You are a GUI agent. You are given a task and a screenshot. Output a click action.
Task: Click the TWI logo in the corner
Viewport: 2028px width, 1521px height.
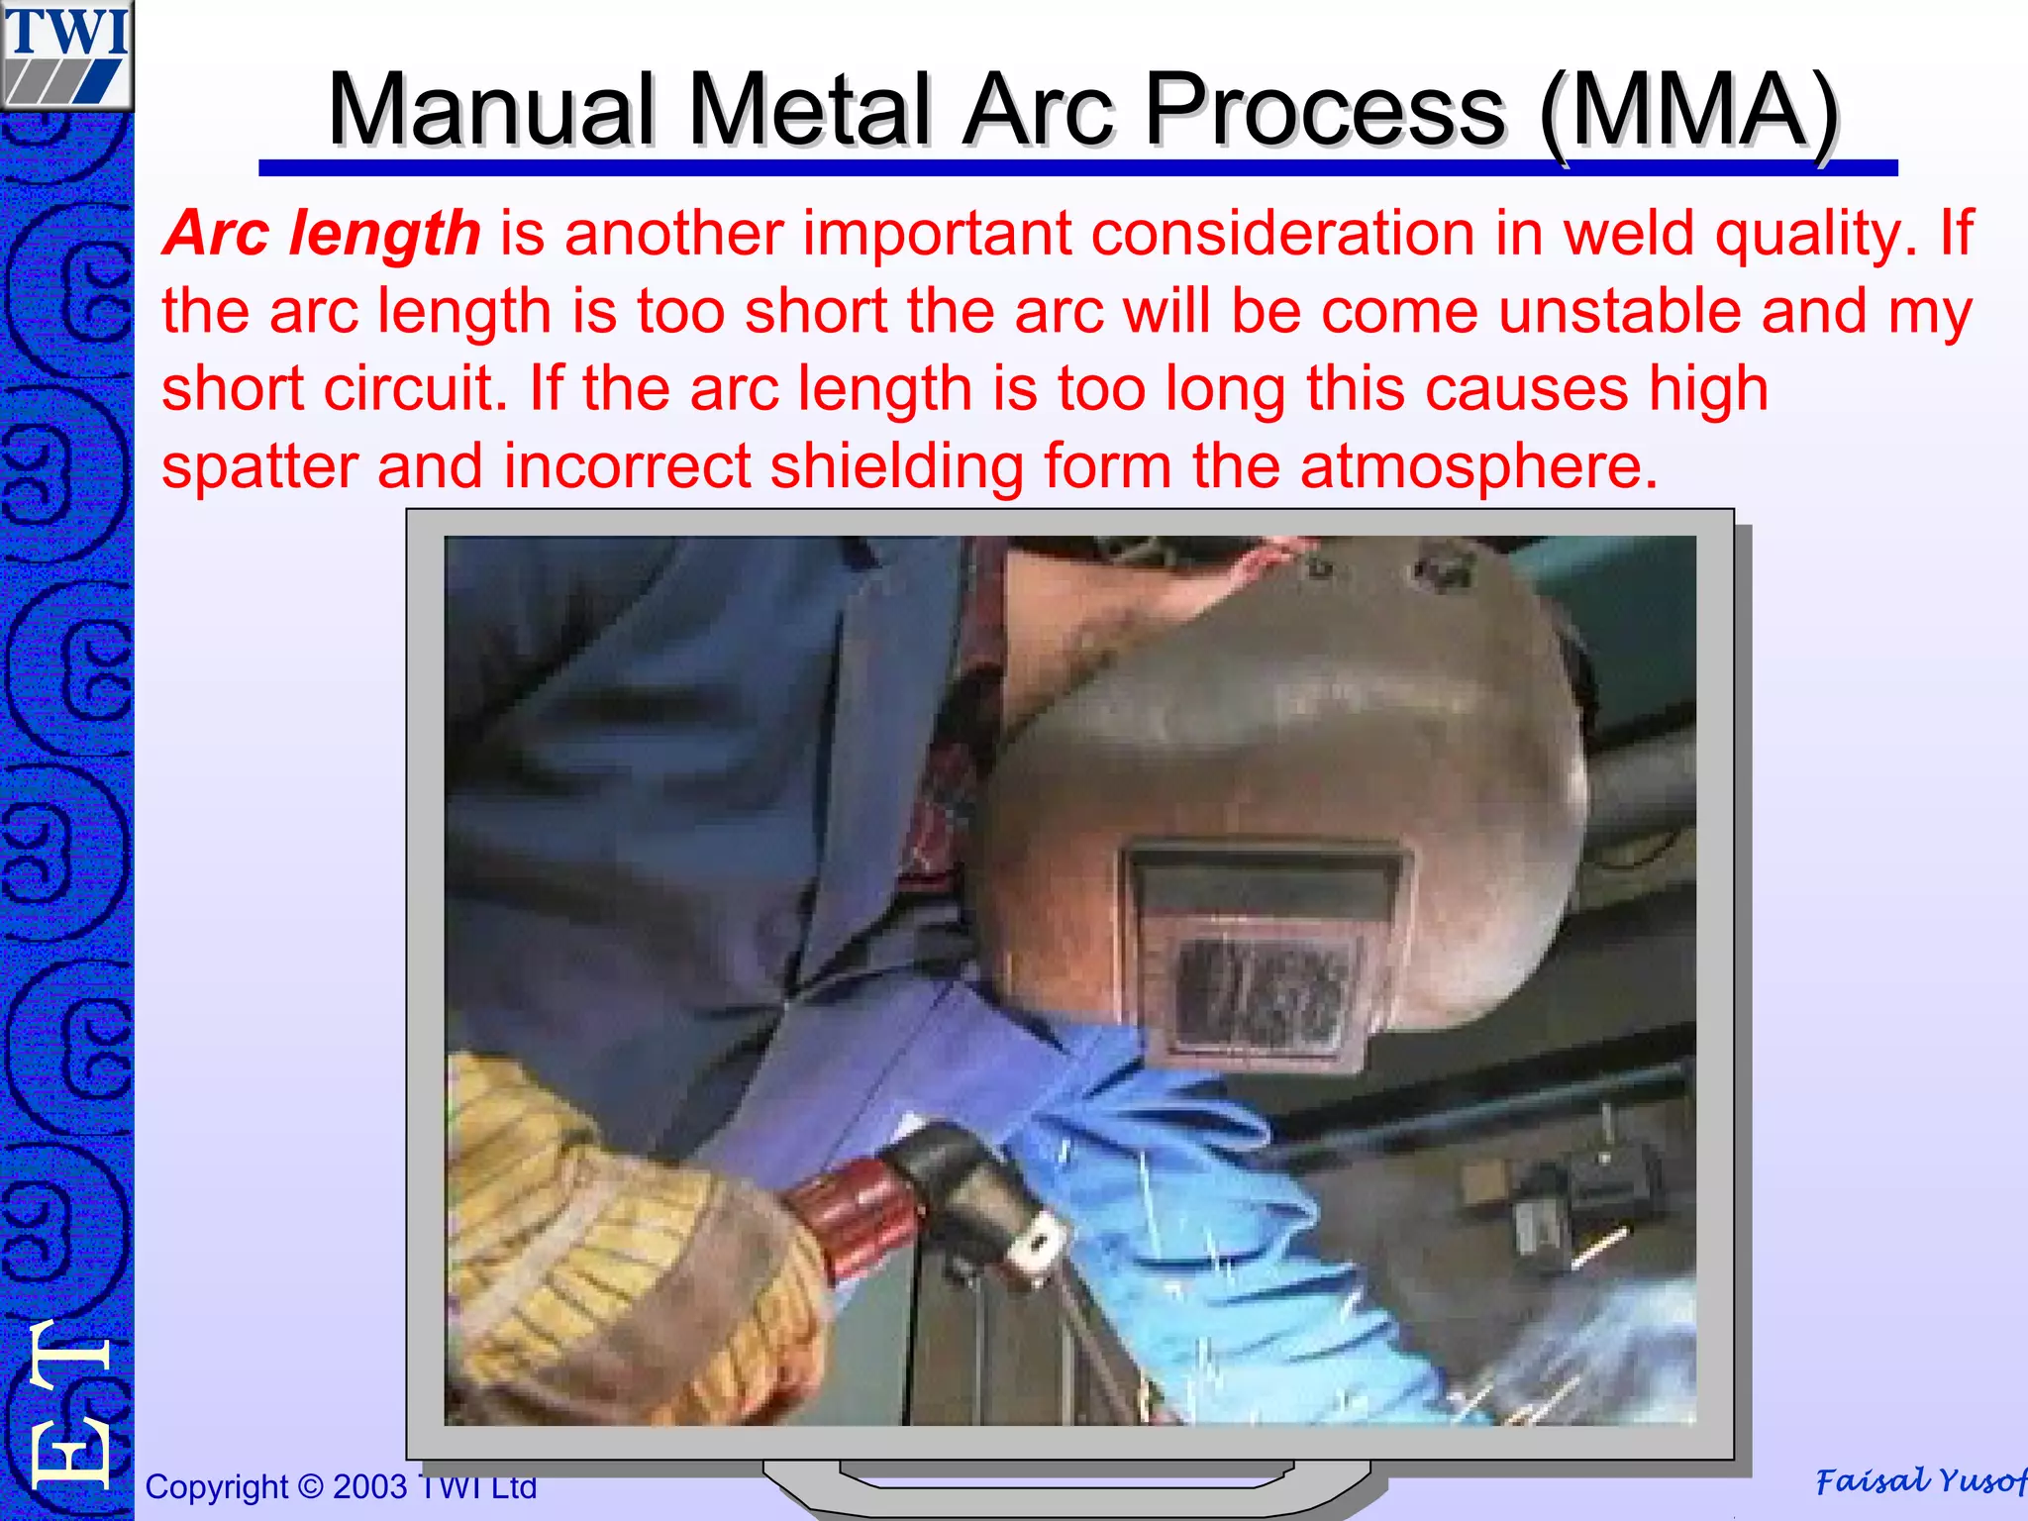(66, 54)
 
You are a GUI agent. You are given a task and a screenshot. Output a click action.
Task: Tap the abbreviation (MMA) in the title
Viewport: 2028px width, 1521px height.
(1689, 111)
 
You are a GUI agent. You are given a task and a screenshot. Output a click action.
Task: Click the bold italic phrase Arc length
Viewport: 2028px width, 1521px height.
(322, 234)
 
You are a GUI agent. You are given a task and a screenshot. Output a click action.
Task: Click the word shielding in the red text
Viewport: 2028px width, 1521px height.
(896, 466)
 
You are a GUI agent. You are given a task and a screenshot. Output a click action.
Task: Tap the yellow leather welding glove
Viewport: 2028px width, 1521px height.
(614, 1258)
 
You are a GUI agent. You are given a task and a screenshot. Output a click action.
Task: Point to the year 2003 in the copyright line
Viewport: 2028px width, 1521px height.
(369, 1486)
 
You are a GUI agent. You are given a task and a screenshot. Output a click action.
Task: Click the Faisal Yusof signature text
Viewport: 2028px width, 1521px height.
(1919, 1481)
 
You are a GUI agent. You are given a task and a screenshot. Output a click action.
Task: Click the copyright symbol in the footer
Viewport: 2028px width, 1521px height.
(310, 1486)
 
